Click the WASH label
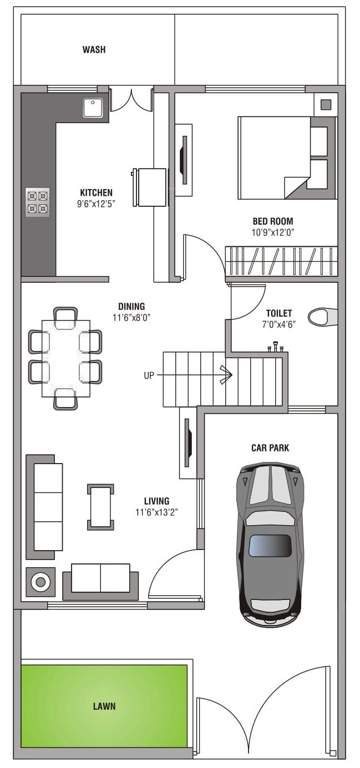pyautogui.click(x=94, y=49)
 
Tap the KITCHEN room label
pyautogui.click(x=96, y=192)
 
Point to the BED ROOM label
pyautogui.click(x=273, y=221)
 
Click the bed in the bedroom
pyautogui.click(x=283, y=157)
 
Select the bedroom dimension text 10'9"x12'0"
pyautogui.click(x=272, y=233)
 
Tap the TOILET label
pyautogui.click(x=279, y=313)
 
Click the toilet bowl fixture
pyautogui.click(x=321, y=316)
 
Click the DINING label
pyautogui.click(x=131, y=307)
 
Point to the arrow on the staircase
pyautogui.click(x=225, y=375)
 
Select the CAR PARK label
pyautogui.click(x=270, y=448)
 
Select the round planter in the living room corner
pyautogui.click(x=42, y=580)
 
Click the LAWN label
pyautogui.click(x=104, y=707)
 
